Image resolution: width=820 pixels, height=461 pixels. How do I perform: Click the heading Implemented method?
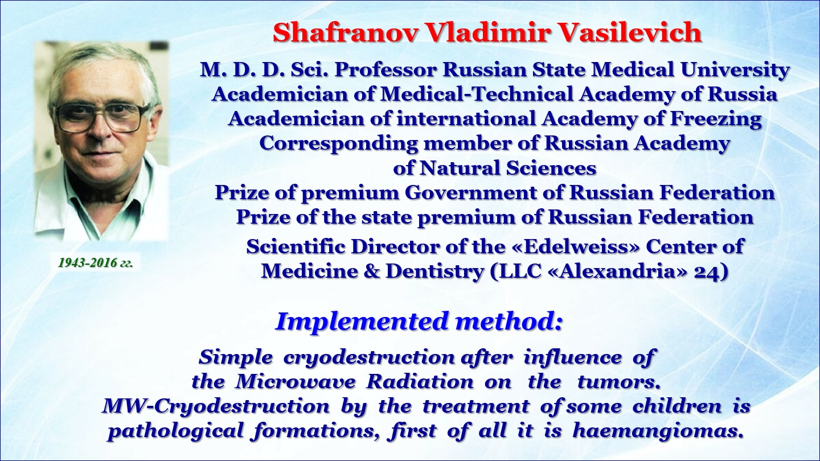(x=419, y=321)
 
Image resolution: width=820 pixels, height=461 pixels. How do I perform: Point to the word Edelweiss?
(x=575, y=246)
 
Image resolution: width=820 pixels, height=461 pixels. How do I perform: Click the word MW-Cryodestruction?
(x=216, y=407)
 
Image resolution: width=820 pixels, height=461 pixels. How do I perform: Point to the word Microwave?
(x=295, y=382)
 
